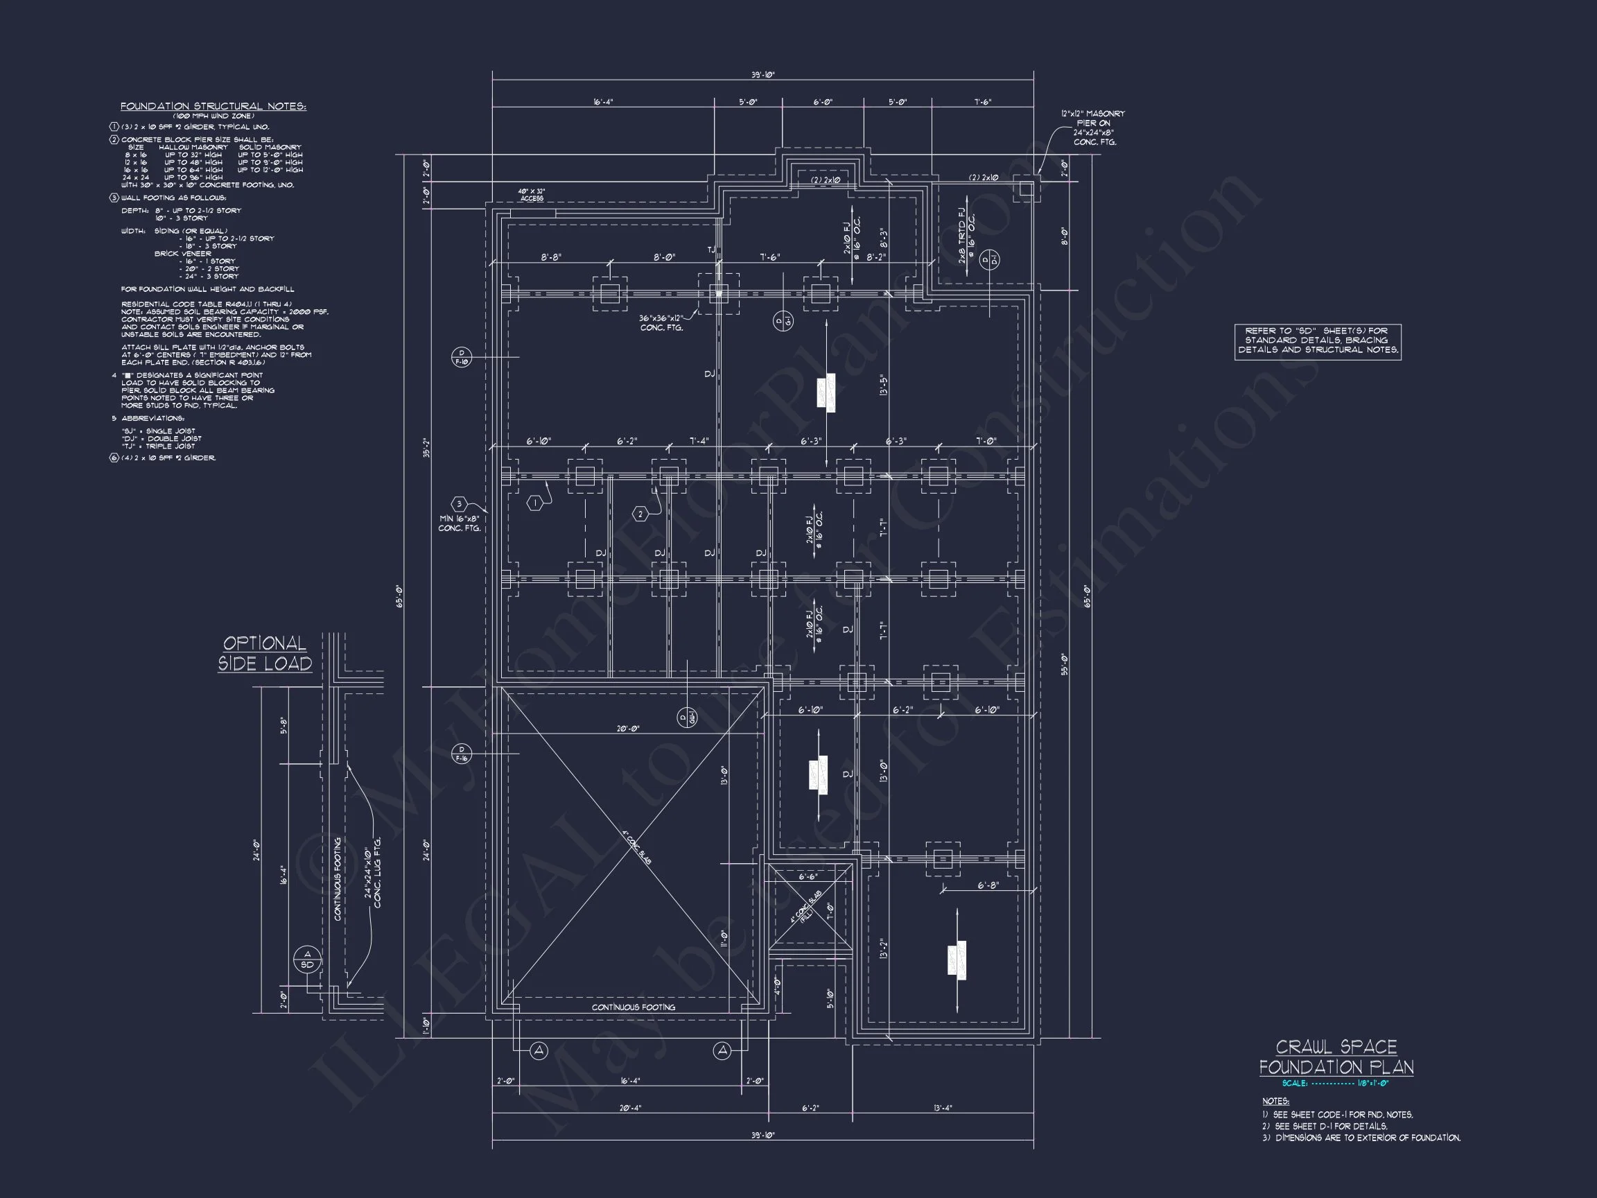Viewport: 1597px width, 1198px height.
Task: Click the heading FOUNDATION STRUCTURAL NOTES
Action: (x=213, y=106)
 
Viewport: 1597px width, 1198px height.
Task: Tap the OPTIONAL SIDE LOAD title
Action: (x=265, y=654)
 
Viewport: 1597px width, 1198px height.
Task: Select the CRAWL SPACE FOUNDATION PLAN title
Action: (x=1336, y=1057)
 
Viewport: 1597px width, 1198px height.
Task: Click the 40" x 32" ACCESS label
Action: (x=532, y=195)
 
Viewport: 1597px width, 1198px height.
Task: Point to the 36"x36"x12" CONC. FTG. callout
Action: (x=661, y=323)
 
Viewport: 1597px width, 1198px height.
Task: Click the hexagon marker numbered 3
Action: (x=459, y=504)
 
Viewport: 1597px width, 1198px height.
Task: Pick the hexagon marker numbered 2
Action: (x=640, y=514)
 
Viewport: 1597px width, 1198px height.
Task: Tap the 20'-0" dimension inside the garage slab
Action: (x=627, y=729)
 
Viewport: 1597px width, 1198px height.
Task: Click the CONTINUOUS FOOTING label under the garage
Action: (x=633, y=1007)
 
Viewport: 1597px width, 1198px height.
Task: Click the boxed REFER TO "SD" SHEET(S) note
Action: (x=1318, y=341)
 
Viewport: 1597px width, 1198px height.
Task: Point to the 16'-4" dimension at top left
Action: (x=603, y=102)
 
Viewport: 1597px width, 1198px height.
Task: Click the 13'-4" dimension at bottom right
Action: (x=942, y=1109)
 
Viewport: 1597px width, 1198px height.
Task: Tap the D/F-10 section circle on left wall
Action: (x=462, y=357)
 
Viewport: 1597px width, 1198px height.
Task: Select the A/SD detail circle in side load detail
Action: (x=307, y=960)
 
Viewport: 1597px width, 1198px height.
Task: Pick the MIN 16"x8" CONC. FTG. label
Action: (x=459, y=523)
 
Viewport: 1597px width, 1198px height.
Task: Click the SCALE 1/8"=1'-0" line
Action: (x=1336, y=1083)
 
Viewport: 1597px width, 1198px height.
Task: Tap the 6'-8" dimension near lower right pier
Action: (x=988, y=885)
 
